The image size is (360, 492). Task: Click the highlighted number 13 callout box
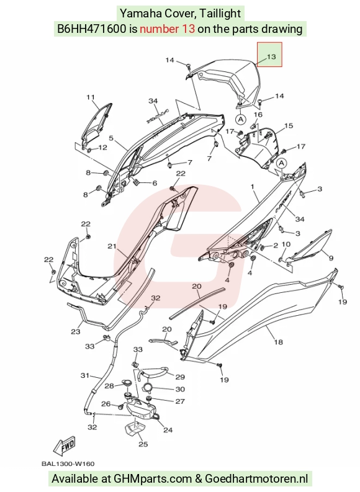(x=269, y=55)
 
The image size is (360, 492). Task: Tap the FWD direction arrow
(x=65, y=446)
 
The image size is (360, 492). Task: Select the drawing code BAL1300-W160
(x=68, y=463)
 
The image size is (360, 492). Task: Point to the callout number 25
(x=143, y=444)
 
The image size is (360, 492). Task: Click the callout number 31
(x=85, y=375)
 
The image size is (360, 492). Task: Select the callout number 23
(x=75, y=331)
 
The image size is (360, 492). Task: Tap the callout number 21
(x=112, y=246)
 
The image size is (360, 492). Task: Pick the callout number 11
(x=91, y=97)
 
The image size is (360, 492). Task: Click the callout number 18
(x=279, y=342)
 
